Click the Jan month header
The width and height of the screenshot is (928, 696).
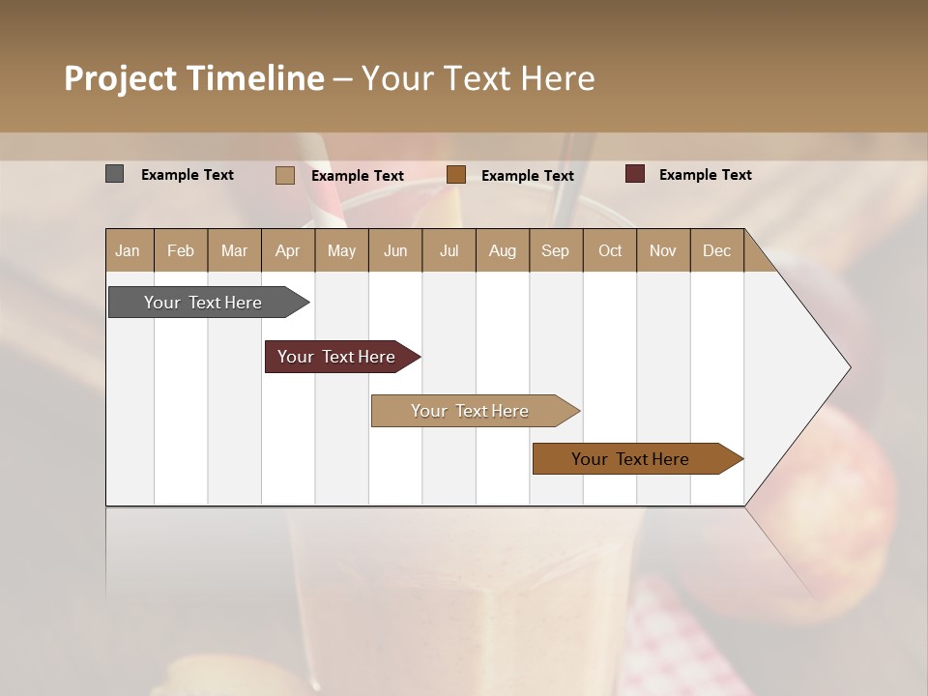tap(129, 250)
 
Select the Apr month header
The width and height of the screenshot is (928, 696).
tap(288, 250)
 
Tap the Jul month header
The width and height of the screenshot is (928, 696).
tap(449, 250)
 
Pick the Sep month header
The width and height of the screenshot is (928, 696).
tap(556, 250)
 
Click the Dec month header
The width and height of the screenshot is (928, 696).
tap(716, 250)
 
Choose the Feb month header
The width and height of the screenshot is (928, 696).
tap(181, 250)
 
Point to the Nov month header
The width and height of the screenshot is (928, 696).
tap(663, 250)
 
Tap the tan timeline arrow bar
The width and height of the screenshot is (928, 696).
tap(471, 411)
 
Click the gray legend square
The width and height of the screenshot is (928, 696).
tap(114, 174)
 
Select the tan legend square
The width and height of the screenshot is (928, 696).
tap(284, 175)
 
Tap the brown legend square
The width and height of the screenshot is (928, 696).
tap(456, 174)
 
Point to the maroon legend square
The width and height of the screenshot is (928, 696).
tap(635, 174)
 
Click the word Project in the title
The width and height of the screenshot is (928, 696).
tap(121, 78)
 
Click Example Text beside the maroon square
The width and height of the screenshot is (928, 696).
tap(705, 175)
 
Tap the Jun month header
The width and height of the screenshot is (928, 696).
tap(395, 250)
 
